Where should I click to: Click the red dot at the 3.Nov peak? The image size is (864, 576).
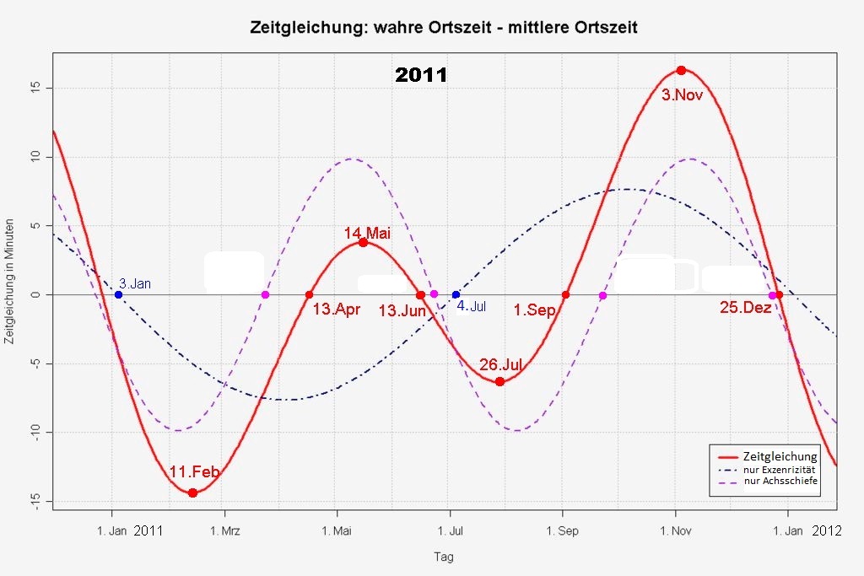click(681, 70)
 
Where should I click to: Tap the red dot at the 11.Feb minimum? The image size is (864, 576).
click(192, 493)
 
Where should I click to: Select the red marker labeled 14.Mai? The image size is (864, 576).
click(363, 242)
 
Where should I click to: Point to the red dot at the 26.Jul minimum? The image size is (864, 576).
click(499, 381)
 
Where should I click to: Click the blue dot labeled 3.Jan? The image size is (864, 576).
click(118, 294)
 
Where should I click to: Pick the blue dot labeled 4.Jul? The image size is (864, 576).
click(456, 294)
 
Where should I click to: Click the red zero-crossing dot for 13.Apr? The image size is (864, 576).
click(309, 294)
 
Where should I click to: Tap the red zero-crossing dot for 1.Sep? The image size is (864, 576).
click(565, 294)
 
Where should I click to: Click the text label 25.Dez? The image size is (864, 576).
click(746, 309)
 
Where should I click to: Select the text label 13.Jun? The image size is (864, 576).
click(402, 310)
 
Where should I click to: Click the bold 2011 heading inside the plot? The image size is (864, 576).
click(421, 75)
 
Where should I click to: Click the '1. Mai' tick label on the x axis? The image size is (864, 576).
click(337, 530)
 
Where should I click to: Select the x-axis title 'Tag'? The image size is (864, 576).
click(444, 557)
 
